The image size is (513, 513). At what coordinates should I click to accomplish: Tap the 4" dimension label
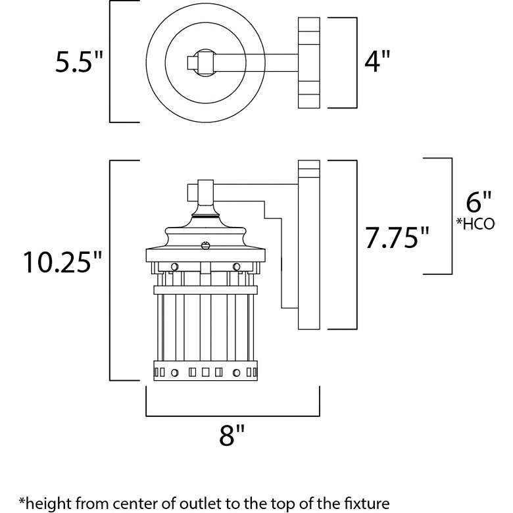(x=378, y=63)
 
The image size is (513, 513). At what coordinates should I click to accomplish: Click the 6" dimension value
(x=477, y=199)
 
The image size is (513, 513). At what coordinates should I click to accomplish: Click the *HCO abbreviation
(x=476, y=224)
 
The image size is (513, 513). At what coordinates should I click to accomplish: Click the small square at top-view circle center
(x=192, y=62)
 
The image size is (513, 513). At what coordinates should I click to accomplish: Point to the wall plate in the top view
(x=308, y=62)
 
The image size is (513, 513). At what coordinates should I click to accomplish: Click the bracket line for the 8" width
(x=233, y=416)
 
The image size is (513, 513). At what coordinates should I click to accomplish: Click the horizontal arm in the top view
(x=256, y=62)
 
